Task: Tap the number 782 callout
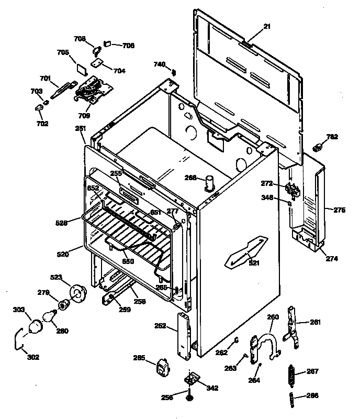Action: click(x=332, y=137)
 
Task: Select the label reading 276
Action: click(x=340, y=210)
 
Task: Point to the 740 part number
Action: click(x=159, y=64)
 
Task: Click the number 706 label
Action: click(x=128, y=46)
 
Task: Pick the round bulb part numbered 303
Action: click(x=35, y=327)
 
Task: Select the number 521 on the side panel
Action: click(x=254, y=263)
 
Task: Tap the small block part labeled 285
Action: click(x=163, y=367)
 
